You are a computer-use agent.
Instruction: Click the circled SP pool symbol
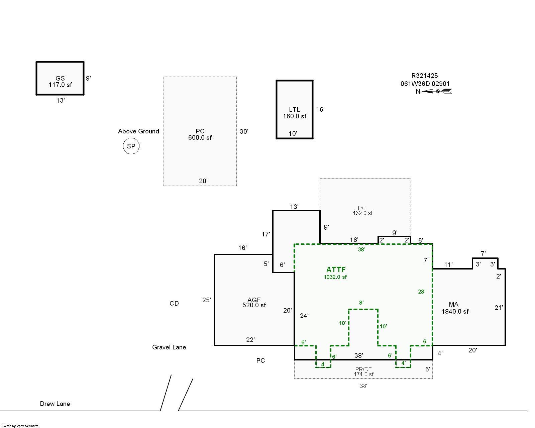pos(131,146)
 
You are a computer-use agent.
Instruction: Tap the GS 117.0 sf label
pos(60,82)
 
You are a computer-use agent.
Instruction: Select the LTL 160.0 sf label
pos(295,113)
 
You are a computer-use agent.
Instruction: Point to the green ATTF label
pos(336,270)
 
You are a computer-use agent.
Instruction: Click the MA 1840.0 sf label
pos(455,308)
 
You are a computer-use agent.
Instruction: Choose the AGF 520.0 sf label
pos(254,302)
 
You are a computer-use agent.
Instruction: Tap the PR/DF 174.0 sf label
pos(364,371)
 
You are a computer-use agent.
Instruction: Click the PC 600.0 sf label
pos(200,134)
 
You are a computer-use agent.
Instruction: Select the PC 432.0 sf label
pos(362,210)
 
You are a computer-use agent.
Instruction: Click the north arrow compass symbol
pos(437,91)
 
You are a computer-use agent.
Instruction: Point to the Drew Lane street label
pos(55,404)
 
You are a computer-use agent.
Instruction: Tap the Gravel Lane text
pos(169,347)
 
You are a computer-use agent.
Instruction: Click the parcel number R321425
pos(425,76)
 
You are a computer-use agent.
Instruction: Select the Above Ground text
pos(138,131)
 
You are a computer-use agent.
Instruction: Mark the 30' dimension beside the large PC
pos(244,131)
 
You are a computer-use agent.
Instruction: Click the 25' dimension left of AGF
pos(206,300)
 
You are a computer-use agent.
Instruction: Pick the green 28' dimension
pos(422,292)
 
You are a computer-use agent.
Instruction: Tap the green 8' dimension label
pos(361,302)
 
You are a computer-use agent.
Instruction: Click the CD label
pos(174,303)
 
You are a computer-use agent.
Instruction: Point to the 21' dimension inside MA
pos(499,308)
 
